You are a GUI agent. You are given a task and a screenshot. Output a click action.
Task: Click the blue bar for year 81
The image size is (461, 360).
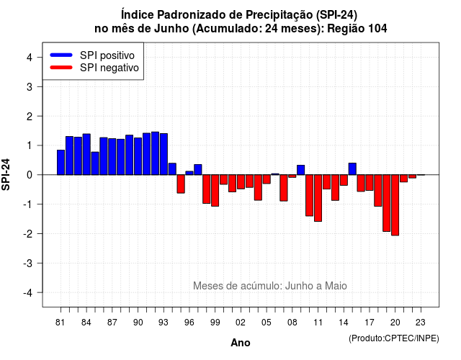tap(61, 162)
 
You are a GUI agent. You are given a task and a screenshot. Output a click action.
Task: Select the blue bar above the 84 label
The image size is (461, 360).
tap(86, 154)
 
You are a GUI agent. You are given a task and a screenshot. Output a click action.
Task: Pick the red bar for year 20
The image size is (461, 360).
tap(395, 205)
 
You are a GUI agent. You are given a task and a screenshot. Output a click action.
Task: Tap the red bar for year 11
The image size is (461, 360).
tap(318, 198)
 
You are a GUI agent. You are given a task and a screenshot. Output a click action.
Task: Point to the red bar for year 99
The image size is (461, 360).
tap(215, 190)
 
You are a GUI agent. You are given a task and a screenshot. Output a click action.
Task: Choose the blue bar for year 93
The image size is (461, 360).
tap(164, 154)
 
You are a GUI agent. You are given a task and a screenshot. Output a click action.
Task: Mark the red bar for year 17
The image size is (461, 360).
tap(370, 182)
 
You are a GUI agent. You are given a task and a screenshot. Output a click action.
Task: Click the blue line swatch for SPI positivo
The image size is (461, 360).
tap(61, 55)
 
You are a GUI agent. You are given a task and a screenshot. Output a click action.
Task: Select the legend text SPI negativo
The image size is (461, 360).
tap(109, 68)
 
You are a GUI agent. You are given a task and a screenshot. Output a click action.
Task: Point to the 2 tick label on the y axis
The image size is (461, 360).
tap(29, 117)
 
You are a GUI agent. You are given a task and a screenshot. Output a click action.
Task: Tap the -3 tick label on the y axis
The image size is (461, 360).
tap(27, 264)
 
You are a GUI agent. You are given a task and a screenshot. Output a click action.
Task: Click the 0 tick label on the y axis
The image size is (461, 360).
tap(29, 175)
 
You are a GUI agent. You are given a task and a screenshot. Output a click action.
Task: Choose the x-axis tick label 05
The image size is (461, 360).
tap(267, 323)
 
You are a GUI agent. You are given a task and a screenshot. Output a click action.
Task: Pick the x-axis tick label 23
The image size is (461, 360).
tap(421, 323)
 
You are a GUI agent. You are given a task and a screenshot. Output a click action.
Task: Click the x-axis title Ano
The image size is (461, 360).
tap(241, 343)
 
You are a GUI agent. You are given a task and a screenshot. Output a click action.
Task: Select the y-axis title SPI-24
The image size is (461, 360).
tap(6, 174)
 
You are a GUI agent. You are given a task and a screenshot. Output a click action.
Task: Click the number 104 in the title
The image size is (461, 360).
tap(377, 29)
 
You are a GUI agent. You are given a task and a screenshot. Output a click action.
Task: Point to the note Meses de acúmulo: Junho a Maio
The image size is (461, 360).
tap(270, 286)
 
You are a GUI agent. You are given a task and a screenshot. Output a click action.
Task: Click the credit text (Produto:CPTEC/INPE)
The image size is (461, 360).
tap(394, 338)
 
